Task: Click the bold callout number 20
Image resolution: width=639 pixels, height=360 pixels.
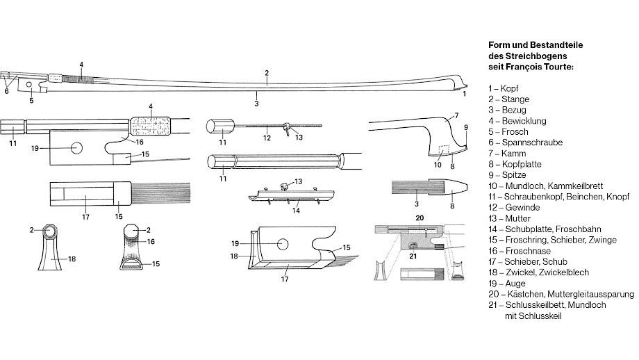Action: (x=419, y=218)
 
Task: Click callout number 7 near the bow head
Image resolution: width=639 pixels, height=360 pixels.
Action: (x=456, y=115)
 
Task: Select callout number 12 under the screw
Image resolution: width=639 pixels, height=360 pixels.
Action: (x=266, y=138)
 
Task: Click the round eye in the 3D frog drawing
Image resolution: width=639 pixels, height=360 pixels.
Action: (x=283, y=243)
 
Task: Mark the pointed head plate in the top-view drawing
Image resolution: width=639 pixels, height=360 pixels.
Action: (x=453, y=189)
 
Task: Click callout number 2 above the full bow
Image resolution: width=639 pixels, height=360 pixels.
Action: (x=266, y=73)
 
